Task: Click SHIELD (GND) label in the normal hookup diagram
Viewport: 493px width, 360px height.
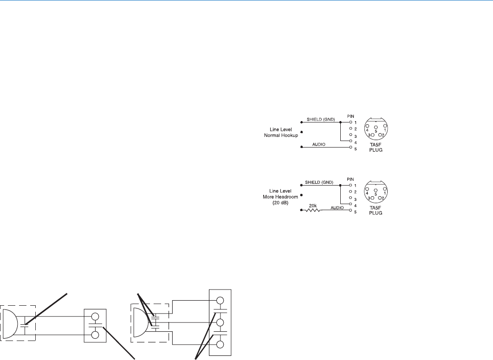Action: (320, 119)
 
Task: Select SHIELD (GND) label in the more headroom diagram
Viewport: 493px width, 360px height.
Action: (320, 181)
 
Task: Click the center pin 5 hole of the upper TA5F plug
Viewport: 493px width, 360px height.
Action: (376, 127)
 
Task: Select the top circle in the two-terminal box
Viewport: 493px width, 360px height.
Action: (96, 317)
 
